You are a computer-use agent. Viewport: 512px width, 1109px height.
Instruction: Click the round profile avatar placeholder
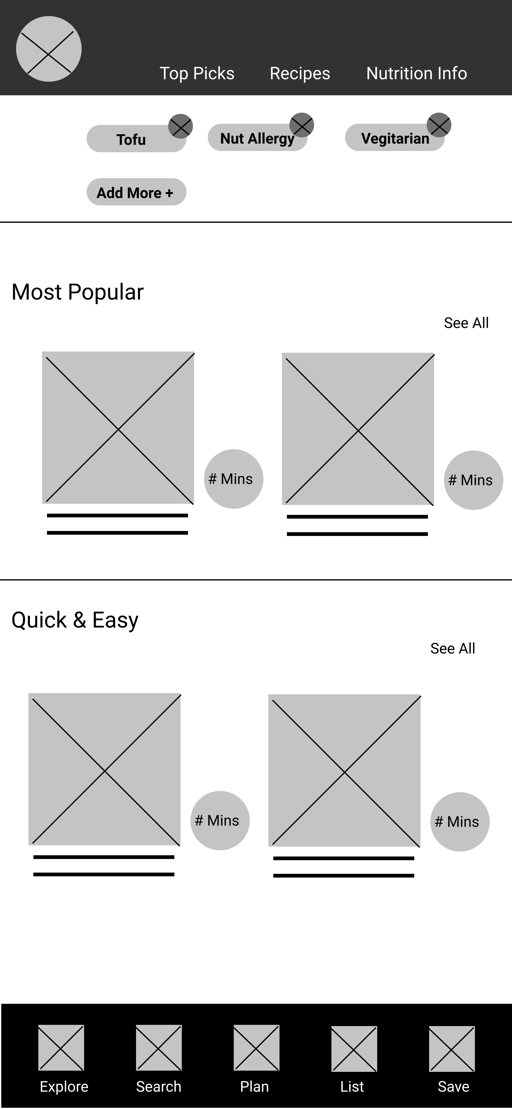click(49, 49)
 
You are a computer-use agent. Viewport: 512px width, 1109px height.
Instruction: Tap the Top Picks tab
click(197, 73)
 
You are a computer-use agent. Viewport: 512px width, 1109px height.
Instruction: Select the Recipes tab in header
click(300, 73)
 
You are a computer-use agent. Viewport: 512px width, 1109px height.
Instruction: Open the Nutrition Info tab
click(416, 73)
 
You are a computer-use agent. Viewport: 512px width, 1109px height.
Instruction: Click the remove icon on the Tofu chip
click(180, 126)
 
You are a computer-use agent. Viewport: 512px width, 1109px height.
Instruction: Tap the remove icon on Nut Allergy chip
click(302, 125)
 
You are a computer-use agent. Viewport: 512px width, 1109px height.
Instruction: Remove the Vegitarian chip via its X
click(439, 125)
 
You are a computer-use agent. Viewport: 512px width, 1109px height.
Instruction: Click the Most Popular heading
click(77, 292)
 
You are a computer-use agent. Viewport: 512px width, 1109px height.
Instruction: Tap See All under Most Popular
click(466, 323)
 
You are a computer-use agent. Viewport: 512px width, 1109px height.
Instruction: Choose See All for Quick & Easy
click(453, 648)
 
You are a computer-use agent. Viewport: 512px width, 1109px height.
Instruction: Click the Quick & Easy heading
click(75, 620)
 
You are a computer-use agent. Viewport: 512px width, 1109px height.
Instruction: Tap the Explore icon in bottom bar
click(61, 1047)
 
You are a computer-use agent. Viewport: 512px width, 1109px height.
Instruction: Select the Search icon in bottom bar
click(159, 1047)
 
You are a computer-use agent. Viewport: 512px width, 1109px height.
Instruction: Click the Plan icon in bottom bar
click(256, 1047)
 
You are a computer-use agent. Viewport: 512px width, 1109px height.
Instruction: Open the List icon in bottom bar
click(354, 1049)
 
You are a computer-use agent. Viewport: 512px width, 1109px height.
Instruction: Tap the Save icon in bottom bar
click(452, 1049)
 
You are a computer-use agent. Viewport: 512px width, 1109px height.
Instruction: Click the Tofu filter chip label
click(131, 140)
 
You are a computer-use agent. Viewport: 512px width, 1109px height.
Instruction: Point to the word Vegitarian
click(395, 138)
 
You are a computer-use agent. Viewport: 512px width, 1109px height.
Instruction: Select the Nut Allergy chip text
click(257, 138)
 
